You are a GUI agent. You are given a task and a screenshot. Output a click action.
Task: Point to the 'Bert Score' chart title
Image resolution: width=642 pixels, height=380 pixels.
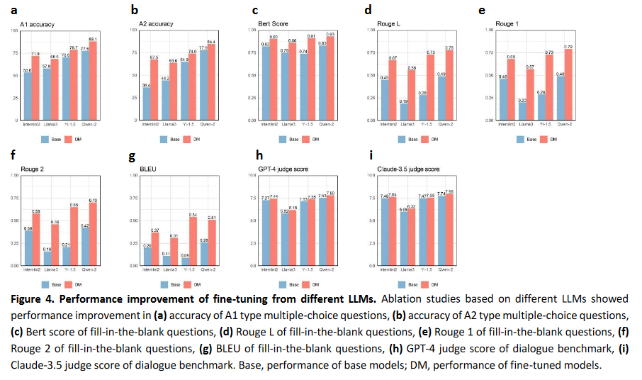tap(273, 24)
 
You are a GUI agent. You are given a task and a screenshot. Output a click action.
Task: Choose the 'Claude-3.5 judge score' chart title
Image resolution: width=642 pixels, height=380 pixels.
tap(408, 169)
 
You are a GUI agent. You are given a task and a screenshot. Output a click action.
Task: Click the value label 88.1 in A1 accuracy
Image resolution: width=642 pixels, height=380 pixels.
tap(93, 39)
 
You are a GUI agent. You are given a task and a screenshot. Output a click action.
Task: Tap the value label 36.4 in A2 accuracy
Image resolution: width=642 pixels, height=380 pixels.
tap(147, 85)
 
